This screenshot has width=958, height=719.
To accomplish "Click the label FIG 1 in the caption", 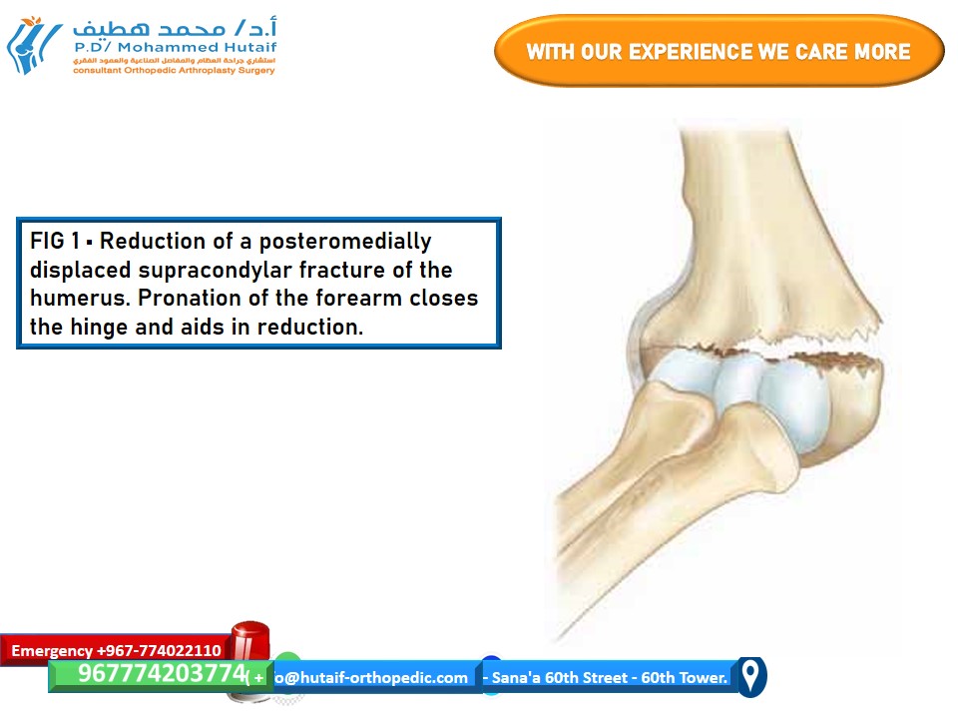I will tap(60, 242).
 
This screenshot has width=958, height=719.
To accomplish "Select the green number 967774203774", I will tap(161, 675).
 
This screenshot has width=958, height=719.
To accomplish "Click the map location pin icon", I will tap(750, 675).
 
